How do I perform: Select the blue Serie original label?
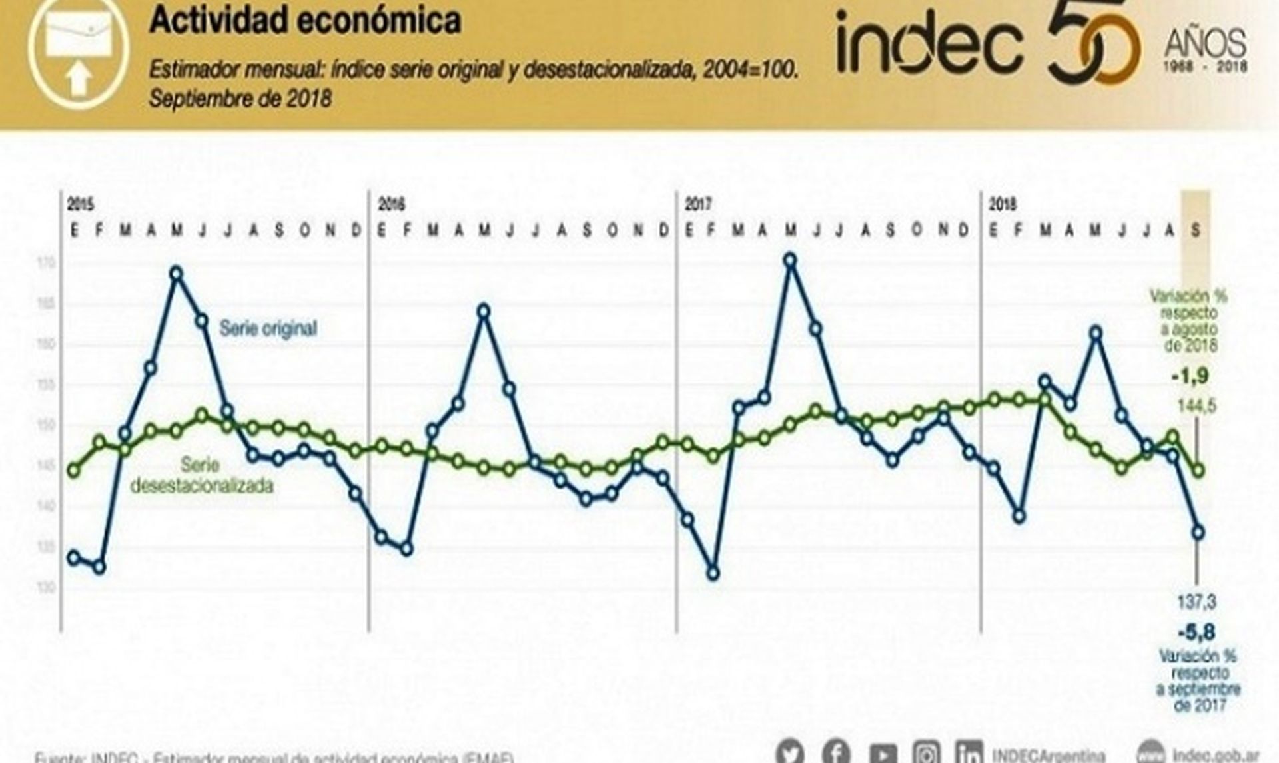268,328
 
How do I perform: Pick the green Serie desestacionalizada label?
201,475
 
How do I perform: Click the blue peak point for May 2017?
790,260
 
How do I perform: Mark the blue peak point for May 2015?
177,273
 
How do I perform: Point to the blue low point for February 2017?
713,573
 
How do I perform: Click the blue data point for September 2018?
1198,533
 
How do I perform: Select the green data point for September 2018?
1199,471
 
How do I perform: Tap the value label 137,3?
1196,603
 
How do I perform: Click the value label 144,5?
1196,406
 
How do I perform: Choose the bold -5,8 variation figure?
1196,632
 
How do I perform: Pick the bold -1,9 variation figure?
1190,377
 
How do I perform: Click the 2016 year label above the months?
391,204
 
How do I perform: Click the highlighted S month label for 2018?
1196,230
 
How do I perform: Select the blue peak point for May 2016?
484,311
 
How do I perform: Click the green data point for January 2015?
74,471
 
